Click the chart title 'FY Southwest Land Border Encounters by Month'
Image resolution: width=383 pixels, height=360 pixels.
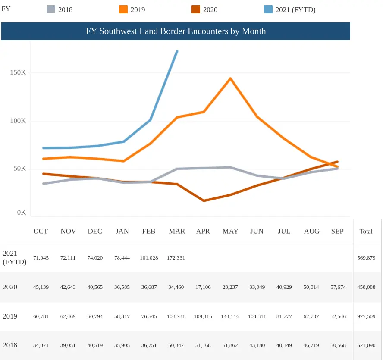tap(176, 31)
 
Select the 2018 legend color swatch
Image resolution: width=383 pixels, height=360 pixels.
tap(51, 9)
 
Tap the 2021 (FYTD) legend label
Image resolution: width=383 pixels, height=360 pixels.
tap(295, 10)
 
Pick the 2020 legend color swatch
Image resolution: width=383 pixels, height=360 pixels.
tap(196, 9)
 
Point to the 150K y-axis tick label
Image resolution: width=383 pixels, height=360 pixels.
tap(18, 72)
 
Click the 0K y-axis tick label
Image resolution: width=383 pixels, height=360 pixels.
tap(21, 212)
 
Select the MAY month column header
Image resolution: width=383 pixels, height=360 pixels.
tap(230, 231)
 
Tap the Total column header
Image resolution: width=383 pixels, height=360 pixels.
tap(366, 231)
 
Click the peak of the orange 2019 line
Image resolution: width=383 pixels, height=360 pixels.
tap(230, 78)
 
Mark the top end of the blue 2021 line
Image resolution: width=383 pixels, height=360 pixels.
tap(177, 51)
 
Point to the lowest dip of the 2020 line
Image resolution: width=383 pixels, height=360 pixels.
tap(204, 200)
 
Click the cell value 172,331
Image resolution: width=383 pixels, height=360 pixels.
tap(176, 258)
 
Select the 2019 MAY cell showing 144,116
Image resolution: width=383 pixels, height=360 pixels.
tap(230, 316)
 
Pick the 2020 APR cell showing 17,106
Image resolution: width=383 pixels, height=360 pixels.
tap(203, 287)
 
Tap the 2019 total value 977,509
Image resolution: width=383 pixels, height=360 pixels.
tap(366, 316)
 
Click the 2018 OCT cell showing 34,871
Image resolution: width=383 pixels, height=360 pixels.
tap(41, 345)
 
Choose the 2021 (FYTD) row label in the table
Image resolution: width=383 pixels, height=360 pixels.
tap(14, 258)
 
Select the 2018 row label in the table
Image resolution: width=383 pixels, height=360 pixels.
tap(10, 345)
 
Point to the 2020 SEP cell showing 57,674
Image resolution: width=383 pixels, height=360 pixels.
tap(338, 287)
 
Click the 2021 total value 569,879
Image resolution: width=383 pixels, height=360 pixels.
tap(366, 258)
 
